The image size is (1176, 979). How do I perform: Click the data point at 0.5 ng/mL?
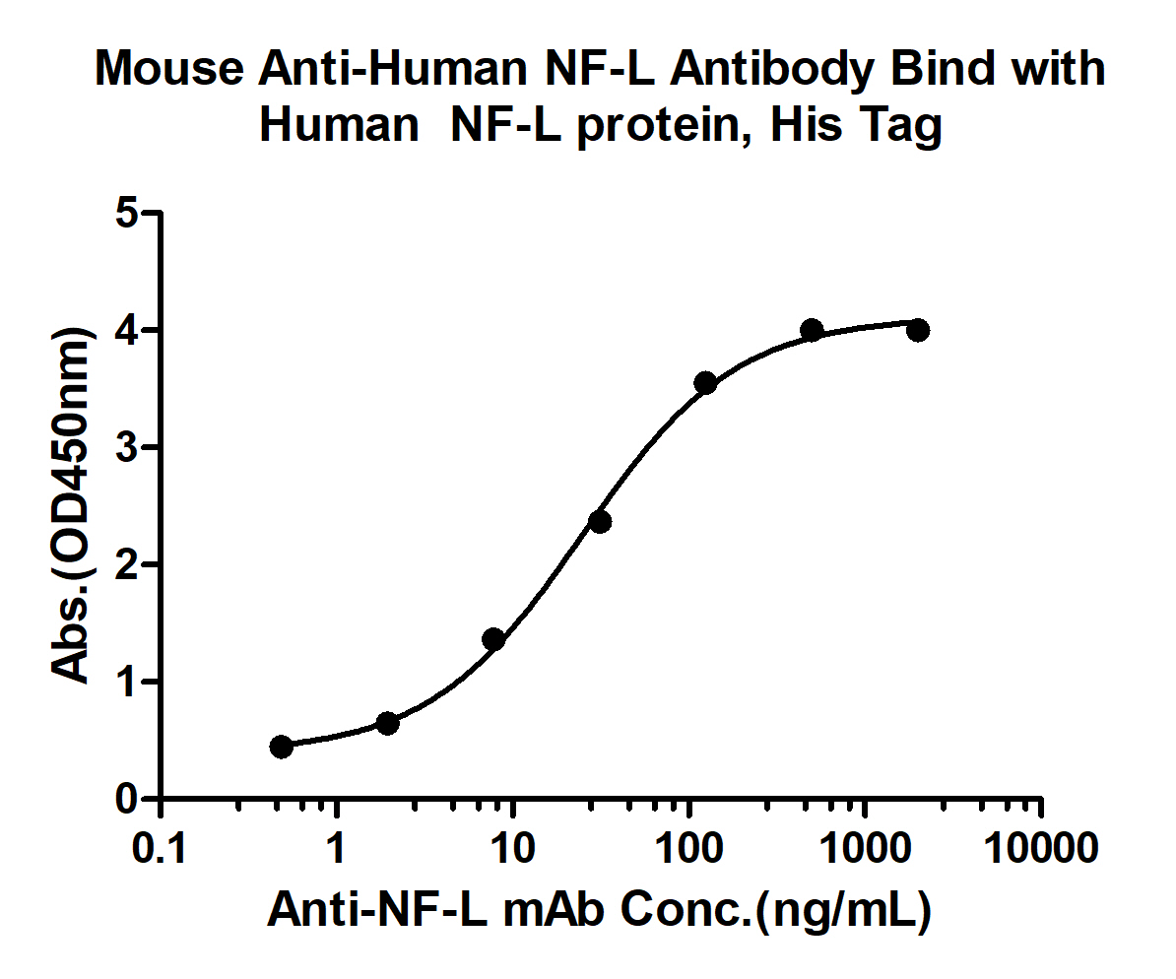(281, 747)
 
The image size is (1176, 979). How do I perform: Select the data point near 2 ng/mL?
(387, 724)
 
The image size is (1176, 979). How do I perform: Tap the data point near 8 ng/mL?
(493, 639)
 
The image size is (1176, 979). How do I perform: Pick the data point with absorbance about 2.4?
(600, 521)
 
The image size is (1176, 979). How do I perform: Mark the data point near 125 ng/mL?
(705, 383)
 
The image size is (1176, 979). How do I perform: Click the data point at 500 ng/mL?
(812, 329)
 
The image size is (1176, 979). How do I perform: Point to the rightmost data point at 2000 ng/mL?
(917, 330)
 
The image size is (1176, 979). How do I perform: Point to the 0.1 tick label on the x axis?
(162, 848)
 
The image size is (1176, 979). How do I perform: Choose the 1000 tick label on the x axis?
(866, 848)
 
